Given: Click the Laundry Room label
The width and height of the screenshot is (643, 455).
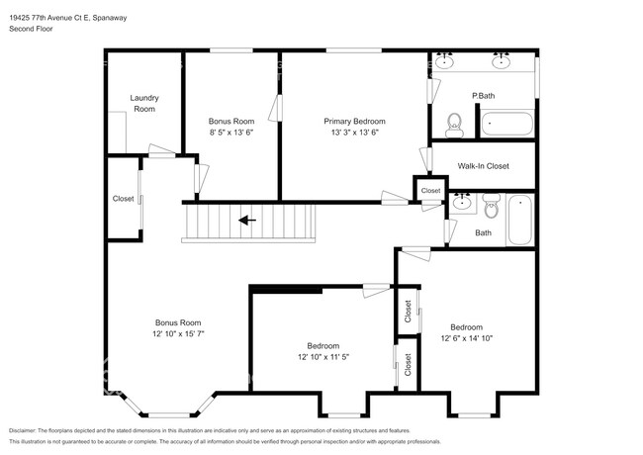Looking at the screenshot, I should [x=144, y=103].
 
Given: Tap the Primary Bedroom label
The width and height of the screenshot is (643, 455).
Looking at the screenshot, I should [x=354, y=121].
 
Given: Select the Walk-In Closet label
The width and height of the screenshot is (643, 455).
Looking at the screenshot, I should [x=483, y=166].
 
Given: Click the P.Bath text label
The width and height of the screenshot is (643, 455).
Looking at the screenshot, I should [x=483, y=95].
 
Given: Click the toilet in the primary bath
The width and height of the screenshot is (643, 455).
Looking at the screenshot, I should [x=455, y=123].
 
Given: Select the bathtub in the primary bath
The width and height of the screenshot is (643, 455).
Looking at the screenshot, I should [x=506, y=125].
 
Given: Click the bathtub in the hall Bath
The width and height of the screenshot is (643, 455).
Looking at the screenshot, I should [x=519, y=220].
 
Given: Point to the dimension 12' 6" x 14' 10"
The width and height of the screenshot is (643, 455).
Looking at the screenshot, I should [x=466, y=338].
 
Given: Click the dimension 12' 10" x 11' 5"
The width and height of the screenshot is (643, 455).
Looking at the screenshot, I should [x=322, y=356].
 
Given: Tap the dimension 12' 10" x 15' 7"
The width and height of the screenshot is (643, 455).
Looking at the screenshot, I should [x=177, y=333].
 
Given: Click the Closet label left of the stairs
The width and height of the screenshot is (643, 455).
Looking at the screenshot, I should [x=123, y=199].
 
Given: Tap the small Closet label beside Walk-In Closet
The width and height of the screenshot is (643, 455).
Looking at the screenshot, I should [x=430, y=191].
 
